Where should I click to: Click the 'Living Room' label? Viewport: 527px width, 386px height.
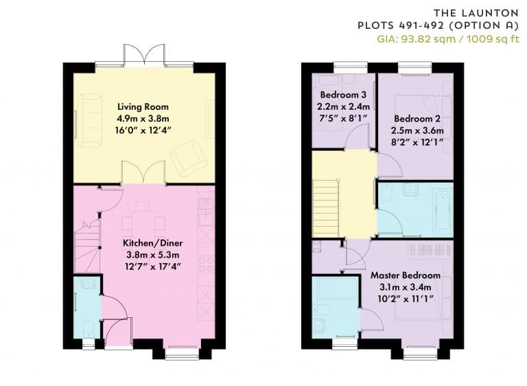[143, 107]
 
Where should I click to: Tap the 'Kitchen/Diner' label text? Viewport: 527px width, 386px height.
[152, 243]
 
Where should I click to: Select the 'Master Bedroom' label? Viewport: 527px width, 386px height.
[406, 275]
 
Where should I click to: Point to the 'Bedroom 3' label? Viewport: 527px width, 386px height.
[343, 95]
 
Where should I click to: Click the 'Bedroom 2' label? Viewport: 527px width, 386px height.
[417, 119]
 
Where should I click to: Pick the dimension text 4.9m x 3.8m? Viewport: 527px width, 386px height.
[143, 119]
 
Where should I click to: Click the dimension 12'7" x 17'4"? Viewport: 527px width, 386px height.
[152, 267]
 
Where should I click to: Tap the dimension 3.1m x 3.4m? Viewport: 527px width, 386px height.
[406, 287]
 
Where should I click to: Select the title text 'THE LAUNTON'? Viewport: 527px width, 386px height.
[476, 13]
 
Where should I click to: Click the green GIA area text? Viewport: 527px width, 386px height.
[448, 39]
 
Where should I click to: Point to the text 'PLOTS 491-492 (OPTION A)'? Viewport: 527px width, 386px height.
[438, 25]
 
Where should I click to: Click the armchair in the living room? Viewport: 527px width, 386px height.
[189, 158]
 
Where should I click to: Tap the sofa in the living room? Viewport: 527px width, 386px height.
[90, 120]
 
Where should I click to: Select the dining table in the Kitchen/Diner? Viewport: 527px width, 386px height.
[143, 223]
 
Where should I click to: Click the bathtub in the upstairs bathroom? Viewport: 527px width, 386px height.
[443, 212]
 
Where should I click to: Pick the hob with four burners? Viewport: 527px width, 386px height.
[206, 264]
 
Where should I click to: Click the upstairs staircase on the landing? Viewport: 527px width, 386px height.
[325, 208]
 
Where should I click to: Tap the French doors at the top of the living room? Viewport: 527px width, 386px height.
[144, 54]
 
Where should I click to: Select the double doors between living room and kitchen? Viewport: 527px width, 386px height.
[144, 172]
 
